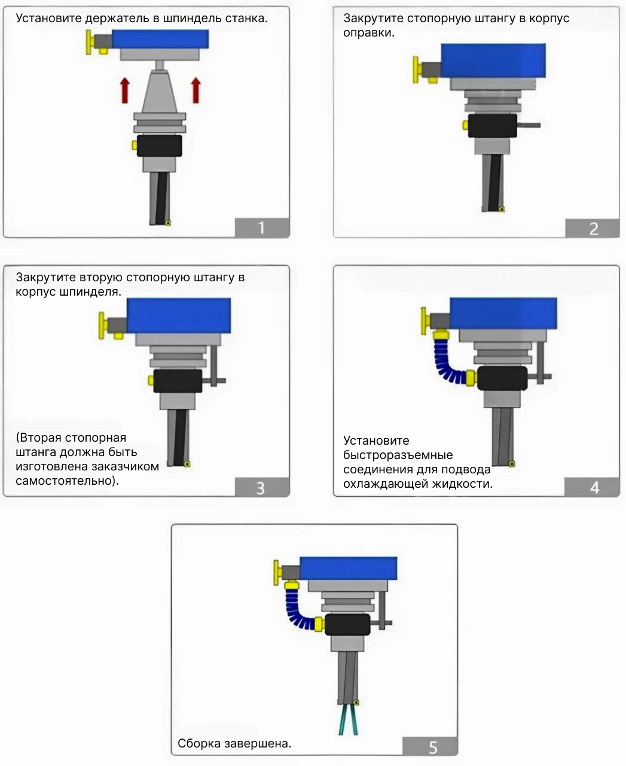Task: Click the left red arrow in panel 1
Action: (x=125, y=90)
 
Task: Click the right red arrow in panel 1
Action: (x=196, y=90)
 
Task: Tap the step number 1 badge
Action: (x=262, y=228)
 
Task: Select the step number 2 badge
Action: (x=593, y=229)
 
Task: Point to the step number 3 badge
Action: (x=262, y=487)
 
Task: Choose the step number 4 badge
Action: (x=593, y=487)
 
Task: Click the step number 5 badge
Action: (x=430, y=746)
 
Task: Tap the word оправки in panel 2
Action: (x=368, y=33)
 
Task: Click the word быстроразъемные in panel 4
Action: (x=398, y=455)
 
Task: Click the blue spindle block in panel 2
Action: (x=493, y=60)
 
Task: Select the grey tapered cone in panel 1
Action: (x=159, y=92)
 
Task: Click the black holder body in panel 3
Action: (x=178, y=381)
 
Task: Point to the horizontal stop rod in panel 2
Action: (x=529, y=125)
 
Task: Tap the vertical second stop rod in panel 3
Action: (x=213, y=366)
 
